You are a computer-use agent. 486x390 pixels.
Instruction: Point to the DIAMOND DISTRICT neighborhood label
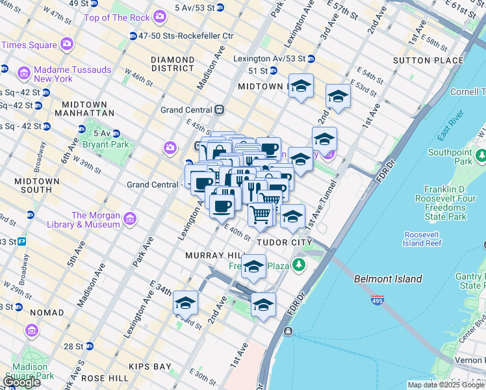(172, 64)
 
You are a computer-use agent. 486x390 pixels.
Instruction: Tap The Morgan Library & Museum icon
(131, 219)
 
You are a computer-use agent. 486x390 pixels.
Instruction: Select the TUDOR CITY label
(284, 242)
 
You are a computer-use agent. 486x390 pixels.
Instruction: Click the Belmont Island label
(388, 279)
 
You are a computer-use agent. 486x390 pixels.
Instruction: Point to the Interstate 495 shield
(377, 300)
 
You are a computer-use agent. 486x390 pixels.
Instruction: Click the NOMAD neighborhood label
(46, 313)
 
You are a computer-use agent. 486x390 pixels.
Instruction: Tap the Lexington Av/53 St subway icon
(311, 58)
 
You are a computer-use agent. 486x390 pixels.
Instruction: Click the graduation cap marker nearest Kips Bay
(185, 304)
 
